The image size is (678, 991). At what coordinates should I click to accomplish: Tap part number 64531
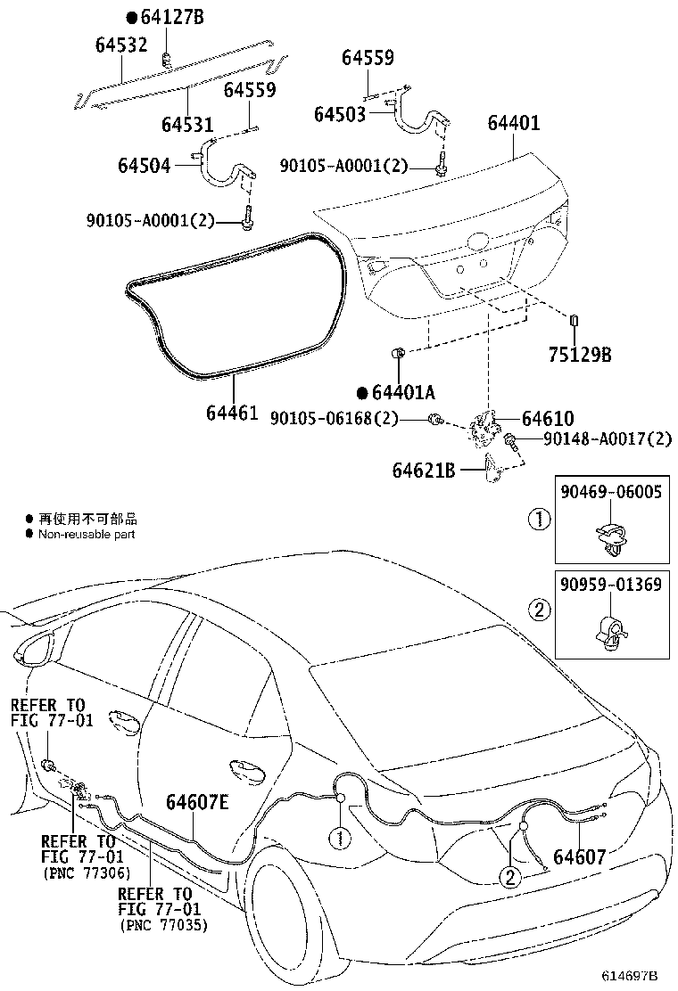[x=188, y=123]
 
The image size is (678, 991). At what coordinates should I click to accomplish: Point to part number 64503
[x=340, y=114]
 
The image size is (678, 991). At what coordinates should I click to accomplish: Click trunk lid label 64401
[x=513, y=122]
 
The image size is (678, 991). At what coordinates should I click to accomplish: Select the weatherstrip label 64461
[x=232, y=412]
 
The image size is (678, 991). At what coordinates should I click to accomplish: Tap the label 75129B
[x=579, y=355]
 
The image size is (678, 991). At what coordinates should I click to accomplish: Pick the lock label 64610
[x=548, y=419]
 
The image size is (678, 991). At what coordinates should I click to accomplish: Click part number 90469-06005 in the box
[x=611, y=492]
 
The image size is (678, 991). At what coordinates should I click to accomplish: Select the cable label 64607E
[x=197, y=800]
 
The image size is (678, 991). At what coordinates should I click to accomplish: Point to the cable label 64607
[x=579, y=857]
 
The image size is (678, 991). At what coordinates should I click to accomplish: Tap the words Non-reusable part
[x=87, y=534]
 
